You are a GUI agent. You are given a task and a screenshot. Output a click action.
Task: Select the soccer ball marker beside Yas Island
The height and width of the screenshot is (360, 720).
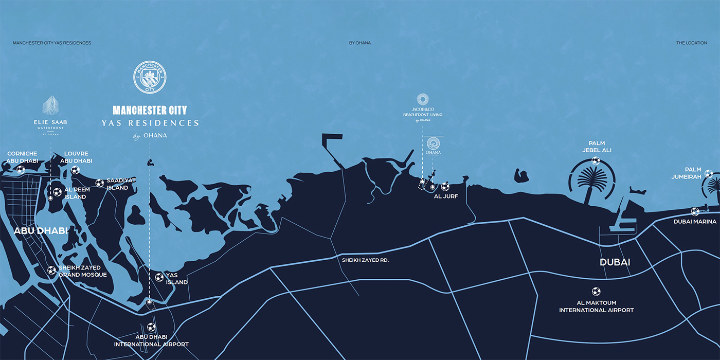click(159, 278)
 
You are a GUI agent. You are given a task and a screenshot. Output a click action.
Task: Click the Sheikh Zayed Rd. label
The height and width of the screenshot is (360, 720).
click(365, 260)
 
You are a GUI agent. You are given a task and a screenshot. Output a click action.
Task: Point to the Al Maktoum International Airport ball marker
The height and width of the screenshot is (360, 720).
click(596, 291)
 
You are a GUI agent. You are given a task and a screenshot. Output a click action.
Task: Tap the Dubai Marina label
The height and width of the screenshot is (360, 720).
click(695, 222)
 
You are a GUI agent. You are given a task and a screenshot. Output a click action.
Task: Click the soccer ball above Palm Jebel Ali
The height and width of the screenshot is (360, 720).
click(596, 160)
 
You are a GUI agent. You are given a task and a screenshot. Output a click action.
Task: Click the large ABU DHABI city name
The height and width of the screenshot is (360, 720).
click(41, 231)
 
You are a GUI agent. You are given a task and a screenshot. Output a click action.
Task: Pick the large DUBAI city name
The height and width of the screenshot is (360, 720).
click(615, 262)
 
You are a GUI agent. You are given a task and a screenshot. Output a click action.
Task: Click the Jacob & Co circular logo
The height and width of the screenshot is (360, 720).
click(423, 99)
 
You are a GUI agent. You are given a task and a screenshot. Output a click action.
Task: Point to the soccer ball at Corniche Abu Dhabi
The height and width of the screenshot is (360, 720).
click(21, 169)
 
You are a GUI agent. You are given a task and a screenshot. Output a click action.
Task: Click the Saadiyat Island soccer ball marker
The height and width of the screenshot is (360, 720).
click(100, 183)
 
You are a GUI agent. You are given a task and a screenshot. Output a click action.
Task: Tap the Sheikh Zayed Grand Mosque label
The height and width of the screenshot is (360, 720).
click(82, 271)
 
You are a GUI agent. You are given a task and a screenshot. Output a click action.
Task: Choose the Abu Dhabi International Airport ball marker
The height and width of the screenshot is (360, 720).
click(151, 327)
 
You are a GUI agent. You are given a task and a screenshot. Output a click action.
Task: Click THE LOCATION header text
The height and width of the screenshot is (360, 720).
click(691, 43)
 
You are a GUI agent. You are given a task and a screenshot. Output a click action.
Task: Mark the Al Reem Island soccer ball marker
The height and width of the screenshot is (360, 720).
click(57, 192)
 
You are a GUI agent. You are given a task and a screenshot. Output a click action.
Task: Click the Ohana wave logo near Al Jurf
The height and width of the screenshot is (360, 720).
click(434, 145)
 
